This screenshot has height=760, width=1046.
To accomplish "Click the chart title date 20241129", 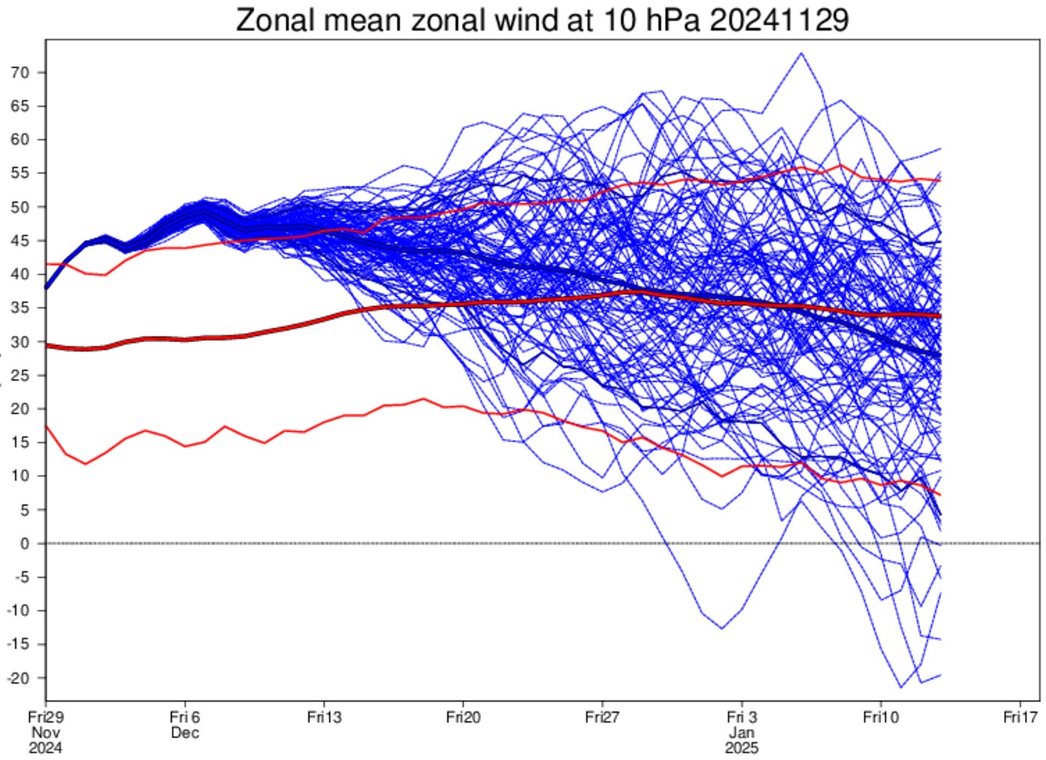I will click(x=779, y=20).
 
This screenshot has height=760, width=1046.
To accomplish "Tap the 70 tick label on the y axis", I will click(x=20, y=73).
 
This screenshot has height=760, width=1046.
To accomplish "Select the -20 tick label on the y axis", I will click(x=18, y=678).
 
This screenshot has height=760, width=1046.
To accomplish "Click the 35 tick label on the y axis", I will click(x=20, y=308).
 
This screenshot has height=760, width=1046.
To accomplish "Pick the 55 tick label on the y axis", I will click(x=20, y=173).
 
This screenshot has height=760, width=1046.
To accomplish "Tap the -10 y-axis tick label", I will click(x=18, y=611).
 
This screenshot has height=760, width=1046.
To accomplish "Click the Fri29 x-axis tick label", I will click(x=46, y=717).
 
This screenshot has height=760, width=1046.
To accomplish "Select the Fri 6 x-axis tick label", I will click(x=185, y=717).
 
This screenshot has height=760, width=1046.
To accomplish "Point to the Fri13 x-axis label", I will click(x=324, y=717).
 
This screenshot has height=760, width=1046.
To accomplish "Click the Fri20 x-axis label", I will click(x=463, y=717).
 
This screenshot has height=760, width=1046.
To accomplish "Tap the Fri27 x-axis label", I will click(x=602, y=717).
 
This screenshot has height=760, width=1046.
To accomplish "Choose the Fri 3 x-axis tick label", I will click(x=741, y=717).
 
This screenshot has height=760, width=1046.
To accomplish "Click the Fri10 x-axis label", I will click(x=880, y=717).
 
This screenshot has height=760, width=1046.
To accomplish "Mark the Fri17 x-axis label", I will click(x=1020, y=717).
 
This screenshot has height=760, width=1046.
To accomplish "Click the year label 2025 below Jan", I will click(x=741, y=748).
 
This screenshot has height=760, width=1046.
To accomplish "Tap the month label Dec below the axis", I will click(x=185, y=733).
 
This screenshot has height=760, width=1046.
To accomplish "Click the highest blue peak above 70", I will click(x=801, y=53).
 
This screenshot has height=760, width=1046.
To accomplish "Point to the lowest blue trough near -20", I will click(x=901, y=686).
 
